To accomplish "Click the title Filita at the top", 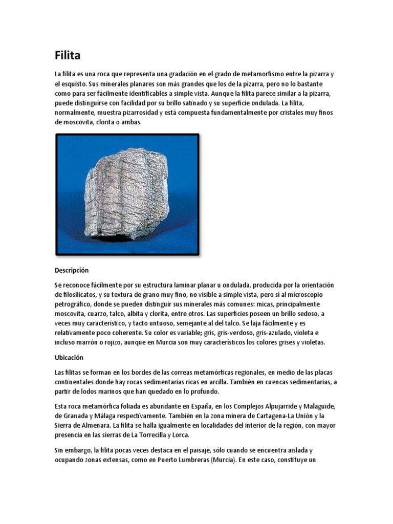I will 68,55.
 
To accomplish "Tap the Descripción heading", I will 72,270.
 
